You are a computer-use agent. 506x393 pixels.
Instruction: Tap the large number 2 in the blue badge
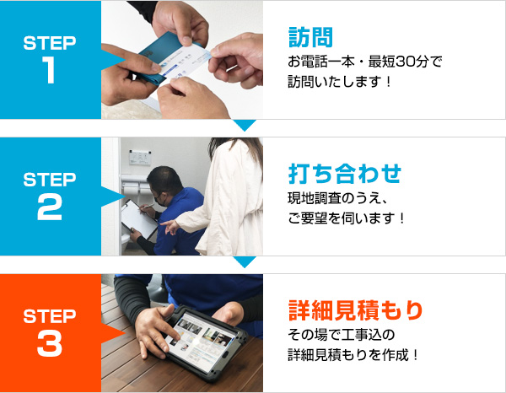[50, 207]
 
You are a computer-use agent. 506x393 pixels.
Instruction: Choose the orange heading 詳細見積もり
[355, 310]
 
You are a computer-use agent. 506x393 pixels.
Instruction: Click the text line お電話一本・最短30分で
[364, 62]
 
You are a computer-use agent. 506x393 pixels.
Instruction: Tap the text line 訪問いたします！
[341, 83]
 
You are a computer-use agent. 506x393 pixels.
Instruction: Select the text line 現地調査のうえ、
[336, 199]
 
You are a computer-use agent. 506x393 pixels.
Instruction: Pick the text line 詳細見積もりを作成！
[353, 355]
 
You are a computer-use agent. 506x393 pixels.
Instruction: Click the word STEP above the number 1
[50, 41]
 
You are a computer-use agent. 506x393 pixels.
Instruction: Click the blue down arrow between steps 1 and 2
[245, 125]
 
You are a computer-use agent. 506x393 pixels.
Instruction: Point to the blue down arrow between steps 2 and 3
[245, 261]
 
